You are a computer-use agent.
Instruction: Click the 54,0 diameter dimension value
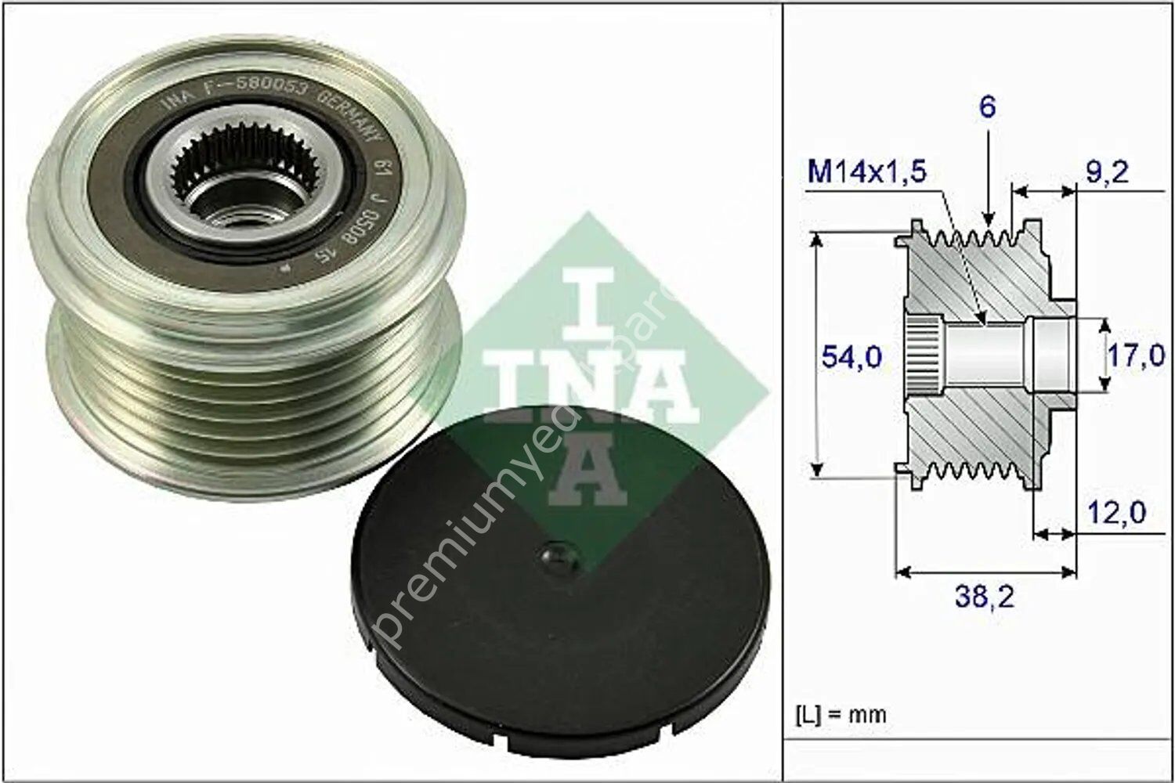coord(851,357)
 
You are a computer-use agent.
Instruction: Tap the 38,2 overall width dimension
coord(985,597)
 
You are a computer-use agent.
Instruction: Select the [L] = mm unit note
coord(841,714)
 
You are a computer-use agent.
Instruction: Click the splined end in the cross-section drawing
coord(923,356)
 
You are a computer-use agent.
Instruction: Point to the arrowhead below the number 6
coord(989,223)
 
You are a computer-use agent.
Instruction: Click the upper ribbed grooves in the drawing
coord(971,239)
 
